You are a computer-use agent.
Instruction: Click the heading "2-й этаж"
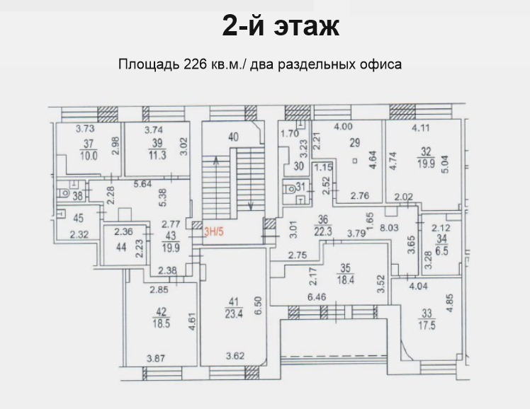(x=281, y=26)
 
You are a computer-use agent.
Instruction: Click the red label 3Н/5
(x=213, y=232)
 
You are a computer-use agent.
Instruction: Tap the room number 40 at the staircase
(x=233, y=137)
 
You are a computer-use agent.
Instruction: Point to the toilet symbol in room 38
(x=63, y=193)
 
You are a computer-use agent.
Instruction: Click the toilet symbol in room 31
(x=290, y=189)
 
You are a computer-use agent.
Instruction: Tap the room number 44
(x=121, y=247)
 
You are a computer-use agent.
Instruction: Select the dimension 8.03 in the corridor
(x=389, y=227)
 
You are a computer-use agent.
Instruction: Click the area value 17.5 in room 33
(x=427, y=326)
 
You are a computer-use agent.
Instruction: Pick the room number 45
(x=78, y=218)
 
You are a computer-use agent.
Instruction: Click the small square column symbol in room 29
(x=355, y=161)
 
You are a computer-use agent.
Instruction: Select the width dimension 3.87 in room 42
(x=156, y=358)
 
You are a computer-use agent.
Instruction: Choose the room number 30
(x=299, y=166)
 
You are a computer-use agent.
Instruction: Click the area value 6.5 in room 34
(x=441, y=251)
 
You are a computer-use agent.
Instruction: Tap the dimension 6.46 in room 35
(x=317, y=296)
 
